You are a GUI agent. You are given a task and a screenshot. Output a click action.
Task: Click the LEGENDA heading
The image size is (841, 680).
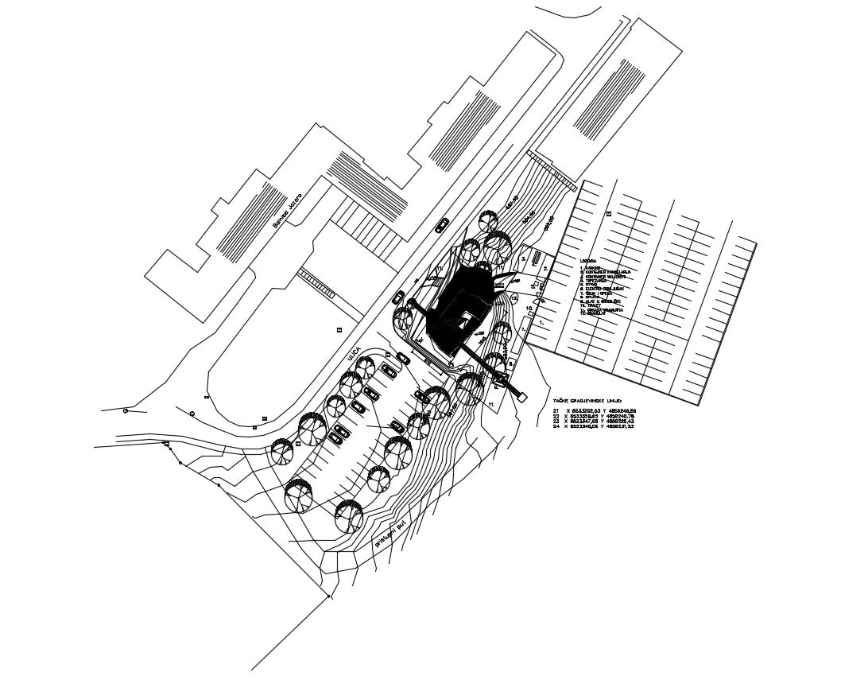[x=587, y=260]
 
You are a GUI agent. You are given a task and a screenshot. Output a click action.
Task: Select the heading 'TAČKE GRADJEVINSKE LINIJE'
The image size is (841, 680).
[x=587, y=402]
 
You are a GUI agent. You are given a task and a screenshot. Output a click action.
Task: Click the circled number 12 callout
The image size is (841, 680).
[x=514, y=299]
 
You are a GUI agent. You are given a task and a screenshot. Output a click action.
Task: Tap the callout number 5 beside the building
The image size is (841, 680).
[x=524, y=258]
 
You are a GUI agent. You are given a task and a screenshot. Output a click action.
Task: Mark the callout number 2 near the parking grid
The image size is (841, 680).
[x=545, y=269]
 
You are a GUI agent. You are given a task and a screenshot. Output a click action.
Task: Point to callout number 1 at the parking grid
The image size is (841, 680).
[x=542, y=323]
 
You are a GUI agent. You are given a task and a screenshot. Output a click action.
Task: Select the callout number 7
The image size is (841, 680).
[x=524, y=328]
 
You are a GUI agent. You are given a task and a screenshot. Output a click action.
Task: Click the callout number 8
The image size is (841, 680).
[x=511, y=364]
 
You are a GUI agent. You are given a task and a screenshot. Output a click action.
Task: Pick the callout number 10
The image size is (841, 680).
[x=529, y=307]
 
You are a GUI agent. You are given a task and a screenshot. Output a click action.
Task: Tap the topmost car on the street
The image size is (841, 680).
[x=442, y=225]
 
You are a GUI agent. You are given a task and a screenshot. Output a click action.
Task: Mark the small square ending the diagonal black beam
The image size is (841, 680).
[x=522, y=395]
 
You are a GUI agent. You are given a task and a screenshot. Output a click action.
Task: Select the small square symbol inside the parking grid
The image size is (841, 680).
[x=609, y=213]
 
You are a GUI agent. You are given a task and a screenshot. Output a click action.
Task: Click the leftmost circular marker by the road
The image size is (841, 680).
[x=126, y=410]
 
